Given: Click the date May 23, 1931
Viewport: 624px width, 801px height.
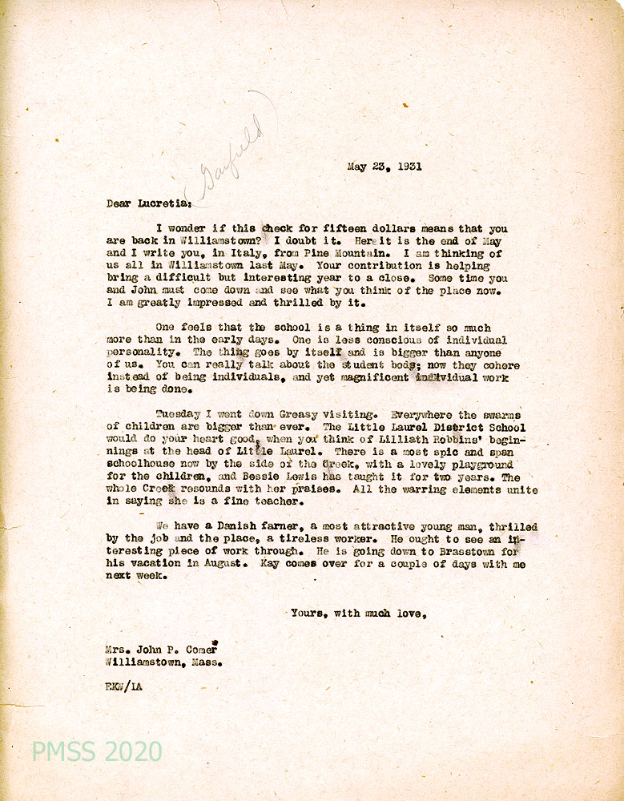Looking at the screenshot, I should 384,167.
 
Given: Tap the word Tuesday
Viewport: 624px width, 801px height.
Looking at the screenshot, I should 179,415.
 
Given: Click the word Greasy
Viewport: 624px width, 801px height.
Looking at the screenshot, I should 300,415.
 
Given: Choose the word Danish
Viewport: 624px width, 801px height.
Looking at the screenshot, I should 222,527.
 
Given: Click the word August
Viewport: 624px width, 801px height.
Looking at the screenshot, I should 232,564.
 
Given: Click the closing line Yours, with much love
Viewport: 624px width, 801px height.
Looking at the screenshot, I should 357,614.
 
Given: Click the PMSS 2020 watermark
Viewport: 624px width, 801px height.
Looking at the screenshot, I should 97,751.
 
